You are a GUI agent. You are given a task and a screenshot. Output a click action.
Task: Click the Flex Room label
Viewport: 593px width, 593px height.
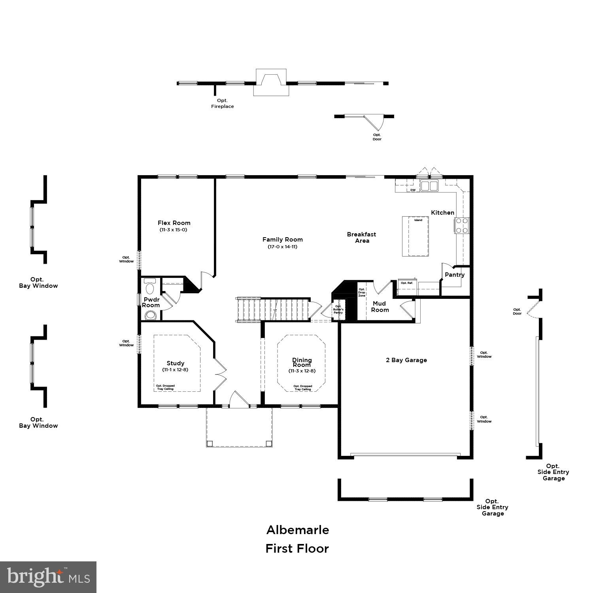pos(174,223)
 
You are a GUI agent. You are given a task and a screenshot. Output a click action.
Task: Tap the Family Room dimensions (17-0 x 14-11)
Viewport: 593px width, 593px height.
pos(282,247)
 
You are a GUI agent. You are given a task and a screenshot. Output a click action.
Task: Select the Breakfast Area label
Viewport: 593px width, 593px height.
pos(362,237)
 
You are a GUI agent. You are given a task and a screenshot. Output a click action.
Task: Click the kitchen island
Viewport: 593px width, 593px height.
pos(415,236)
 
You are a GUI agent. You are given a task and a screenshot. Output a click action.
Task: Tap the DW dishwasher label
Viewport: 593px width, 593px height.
pos(413,190)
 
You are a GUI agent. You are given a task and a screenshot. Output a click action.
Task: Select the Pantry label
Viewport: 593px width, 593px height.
pos(455,275)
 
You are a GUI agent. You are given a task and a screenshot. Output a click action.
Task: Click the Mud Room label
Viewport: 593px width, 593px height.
pos(380,307)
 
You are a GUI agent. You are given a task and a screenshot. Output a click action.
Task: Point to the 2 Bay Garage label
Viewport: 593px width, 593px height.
pos(406,360)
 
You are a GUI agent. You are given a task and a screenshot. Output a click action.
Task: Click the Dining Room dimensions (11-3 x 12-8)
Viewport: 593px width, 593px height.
pos(302,371)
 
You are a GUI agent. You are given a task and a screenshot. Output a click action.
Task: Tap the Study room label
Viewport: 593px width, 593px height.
pos(176,363)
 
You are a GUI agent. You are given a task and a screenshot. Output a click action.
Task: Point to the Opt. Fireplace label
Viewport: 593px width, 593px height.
pos(222,104)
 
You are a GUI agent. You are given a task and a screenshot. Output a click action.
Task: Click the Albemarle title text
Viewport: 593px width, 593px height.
pos(297,530)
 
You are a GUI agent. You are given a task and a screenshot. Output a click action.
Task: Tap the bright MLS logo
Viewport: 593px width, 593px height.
pos(48,577)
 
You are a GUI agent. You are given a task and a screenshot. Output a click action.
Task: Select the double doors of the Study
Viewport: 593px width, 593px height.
pos(220,374)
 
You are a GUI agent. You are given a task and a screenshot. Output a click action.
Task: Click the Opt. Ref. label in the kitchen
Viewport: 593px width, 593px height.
pos(406,283)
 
